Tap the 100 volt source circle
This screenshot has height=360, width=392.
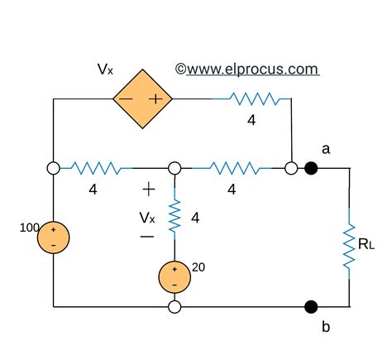coord(54,237)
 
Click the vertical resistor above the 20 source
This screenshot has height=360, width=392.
coord(174,216)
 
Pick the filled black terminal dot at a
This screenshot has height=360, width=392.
coord(312,168)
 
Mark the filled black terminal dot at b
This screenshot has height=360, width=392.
coord(312,306)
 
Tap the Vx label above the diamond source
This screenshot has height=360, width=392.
coord(106,69)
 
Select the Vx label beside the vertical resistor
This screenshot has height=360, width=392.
coord(146,218)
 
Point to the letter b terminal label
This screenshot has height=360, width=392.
coord(326,327)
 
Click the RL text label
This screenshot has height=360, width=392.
coord(366,245)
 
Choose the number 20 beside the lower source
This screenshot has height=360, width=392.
coord(198,266)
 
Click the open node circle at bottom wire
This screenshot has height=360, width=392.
coord(174,307)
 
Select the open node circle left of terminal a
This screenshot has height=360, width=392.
coord(291,168)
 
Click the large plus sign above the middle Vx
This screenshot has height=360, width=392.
coord(148,190)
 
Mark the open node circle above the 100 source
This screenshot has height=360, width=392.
coord(54,168)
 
